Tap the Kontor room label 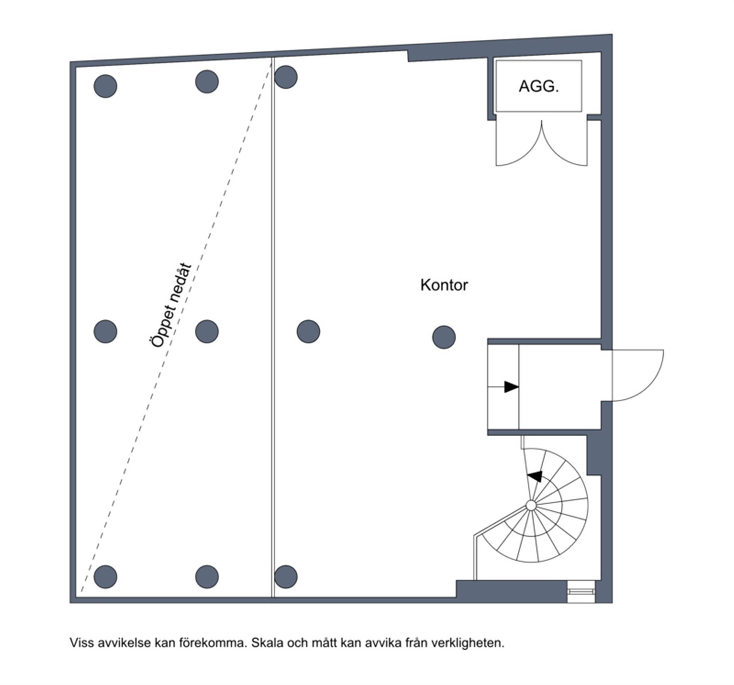[x=444, y=285]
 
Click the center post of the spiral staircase [x=531, y=505]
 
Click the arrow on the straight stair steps [x=511, y=387]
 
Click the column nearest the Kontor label [x=443, y=337]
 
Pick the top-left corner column [x=105, y=86]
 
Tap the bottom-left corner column [x=105, y=576]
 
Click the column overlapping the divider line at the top [x=286, y=77]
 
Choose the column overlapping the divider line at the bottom [x=286, y=576]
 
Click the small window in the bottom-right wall [x=581, y=592]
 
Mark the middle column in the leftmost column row [x=105, y=332]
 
